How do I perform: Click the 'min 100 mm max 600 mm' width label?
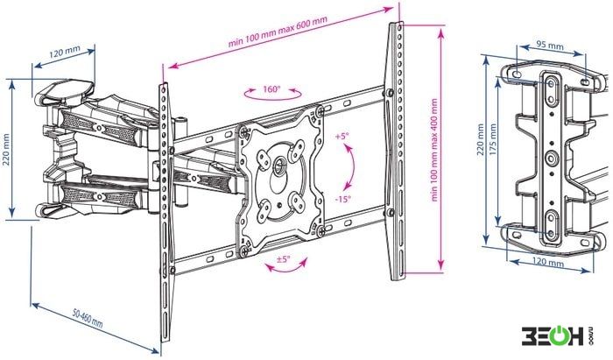278,32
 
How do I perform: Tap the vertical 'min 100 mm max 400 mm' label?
434,149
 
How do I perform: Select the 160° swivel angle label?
271,89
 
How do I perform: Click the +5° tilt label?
342,137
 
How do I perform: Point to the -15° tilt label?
343,199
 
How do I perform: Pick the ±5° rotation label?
284,258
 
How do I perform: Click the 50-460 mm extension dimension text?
88,318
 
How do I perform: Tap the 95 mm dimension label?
550,45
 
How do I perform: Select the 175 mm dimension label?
492,140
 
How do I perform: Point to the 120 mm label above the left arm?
64,52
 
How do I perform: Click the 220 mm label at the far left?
7,150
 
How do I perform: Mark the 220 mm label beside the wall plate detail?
481,139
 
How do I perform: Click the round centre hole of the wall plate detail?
551,159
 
